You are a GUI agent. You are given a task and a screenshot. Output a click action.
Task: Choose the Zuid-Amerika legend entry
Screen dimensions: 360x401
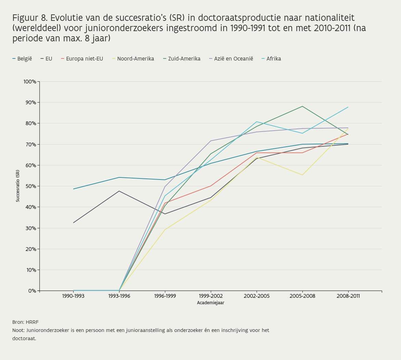point(182,59)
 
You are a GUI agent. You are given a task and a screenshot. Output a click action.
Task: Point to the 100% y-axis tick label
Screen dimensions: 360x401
point(29,82)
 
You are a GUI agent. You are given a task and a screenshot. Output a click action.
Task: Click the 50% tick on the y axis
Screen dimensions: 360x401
point(31,186)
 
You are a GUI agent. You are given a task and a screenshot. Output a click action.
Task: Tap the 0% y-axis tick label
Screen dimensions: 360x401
point(32,291)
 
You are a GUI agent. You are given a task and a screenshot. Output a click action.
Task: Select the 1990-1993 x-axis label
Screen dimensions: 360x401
point(73,296)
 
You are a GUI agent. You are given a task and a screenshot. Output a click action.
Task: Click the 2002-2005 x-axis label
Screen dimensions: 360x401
point(257,296)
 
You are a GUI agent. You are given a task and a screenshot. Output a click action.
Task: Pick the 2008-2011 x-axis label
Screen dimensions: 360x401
point(348,296)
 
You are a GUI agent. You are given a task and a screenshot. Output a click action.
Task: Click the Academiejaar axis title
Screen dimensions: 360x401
point(210,303)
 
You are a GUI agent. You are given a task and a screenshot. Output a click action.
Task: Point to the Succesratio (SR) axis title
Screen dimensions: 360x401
point(18,186)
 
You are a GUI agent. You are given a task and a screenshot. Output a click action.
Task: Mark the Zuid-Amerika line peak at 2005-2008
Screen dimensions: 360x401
point(302,106)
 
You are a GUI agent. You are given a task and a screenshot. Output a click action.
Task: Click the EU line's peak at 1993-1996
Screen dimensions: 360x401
point(119,191)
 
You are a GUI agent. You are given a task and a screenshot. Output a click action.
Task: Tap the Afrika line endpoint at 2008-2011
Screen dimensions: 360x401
point(348,107)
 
